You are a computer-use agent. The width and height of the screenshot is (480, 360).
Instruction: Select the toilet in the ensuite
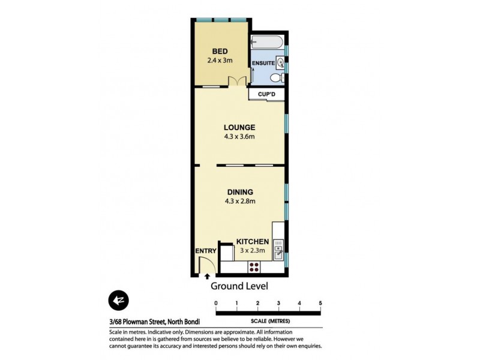pyautogui.click(x=276, y=78)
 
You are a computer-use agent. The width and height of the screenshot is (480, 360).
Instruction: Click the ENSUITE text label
pyautogui.click(x=263, y=63)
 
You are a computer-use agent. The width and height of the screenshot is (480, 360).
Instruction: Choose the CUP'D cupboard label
pyautogui.click(x=266, y=95)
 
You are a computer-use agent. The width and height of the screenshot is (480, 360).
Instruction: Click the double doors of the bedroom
pyautogui.click(x=241, y=82)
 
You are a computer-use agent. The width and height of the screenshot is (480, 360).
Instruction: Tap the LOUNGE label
pyautogui.click(x=239, y=127)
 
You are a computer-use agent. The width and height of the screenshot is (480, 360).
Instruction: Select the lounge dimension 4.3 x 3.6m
pyautogui.click(x=239, y=137)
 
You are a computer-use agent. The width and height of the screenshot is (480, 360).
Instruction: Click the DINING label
pyautogui.click(x=239, y=192)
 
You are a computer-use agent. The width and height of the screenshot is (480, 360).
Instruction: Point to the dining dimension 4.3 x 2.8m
pyautogui.click(x=239, y=202)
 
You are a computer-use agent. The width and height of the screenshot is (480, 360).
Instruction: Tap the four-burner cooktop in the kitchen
pyautogui.click(x=254, y=267)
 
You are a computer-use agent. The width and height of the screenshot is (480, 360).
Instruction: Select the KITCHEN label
pyautogui.click(x=252, y=241)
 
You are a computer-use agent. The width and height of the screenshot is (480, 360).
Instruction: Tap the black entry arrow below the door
pyautogui.click(x=207, y=277)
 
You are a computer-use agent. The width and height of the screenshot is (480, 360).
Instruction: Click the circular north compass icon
pyautogui.click(x=118, y=300)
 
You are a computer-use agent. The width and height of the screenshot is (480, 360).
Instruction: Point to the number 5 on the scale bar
pyautogui.click(x=321, y=303)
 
